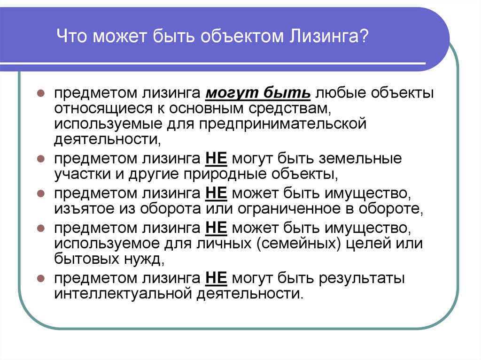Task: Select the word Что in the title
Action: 71,36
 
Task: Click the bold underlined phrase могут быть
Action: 258,92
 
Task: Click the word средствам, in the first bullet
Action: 289,108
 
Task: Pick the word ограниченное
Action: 289,209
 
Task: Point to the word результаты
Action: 362,279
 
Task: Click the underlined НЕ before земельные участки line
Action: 216,159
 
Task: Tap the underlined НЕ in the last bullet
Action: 216,278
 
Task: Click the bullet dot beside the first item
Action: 41,93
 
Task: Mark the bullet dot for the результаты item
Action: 41,278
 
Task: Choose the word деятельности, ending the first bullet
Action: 108,139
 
